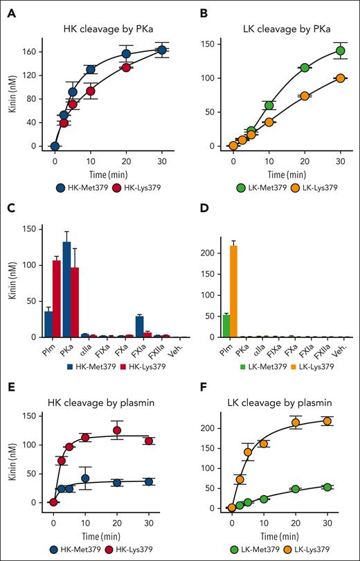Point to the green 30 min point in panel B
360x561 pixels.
tap(340, 51)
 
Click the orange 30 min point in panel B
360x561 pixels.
tap(340, 78)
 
